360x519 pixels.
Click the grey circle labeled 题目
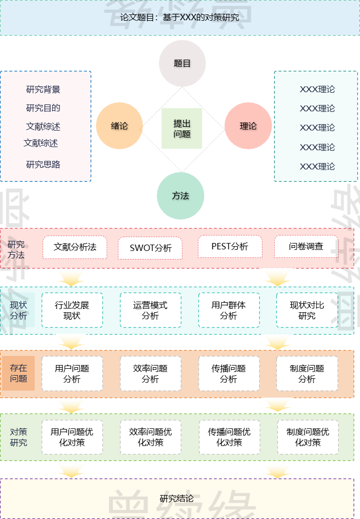click(182, 63)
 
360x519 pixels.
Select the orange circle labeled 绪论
click(119, 126)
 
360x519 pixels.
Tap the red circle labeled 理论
click(248, 126)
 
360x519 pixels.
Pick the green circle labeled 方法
click(180, 196)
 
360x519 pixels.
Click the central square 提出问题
click(182, 128)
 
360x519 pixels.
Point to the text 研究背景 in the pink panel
click(43, 90)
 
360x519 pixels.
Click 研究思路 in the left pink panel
click(43, 165)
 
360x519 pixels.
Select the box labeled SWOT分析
click(150, 248)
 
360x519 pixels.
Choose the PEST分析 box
click(230, 247)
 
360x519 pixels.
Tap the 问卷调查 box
click(306, 247)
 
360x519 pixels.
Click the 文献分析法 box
click(75, 247)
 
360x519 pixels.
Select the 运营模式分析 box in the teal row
click(150, 310)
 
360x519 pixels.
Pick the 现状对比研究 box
click(307, 310)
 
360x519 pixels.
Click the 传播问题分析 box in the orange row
click(229, 374)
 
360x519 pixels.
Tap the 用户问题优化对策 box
click(72, 437)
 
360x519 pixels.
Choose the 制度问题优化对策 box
click(308, 437)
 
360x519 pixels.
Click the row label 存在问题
click(19, 374)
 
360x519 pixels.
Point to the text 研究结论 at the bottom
click(177, 499)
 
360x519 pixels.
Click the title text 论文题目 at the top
click(138, 18)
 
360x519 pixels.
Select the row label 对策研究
click(19, 437)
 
